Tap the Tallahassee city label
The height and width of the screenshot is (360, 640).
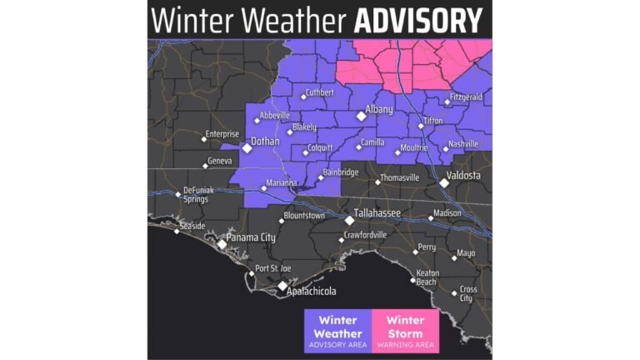[381, 213]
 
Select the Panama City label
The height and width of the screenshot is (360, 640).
[251, 237]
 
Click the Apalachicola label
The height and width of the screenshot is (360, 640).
[311, 291]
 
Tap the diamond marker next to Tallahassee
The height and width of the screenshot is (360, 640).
[350, 220]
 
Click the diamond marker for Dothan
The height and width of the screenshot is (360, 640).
[247, 148]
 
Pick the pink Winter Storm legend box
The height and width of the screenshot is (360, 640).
[405, 332]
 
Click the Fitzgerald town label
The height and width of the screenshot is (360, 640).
[466, 97]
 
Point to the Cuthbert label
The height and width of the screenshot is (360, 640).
[319, 92]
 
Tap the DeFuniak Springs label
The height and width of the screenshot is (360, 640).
[198, 195]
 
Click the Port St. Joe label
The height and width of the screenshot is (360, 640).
[273, 267]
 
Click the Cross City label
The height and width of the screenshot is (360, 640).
[467, 293]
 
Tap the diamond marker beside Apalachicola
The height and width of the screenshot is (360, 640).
[282, 284]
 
